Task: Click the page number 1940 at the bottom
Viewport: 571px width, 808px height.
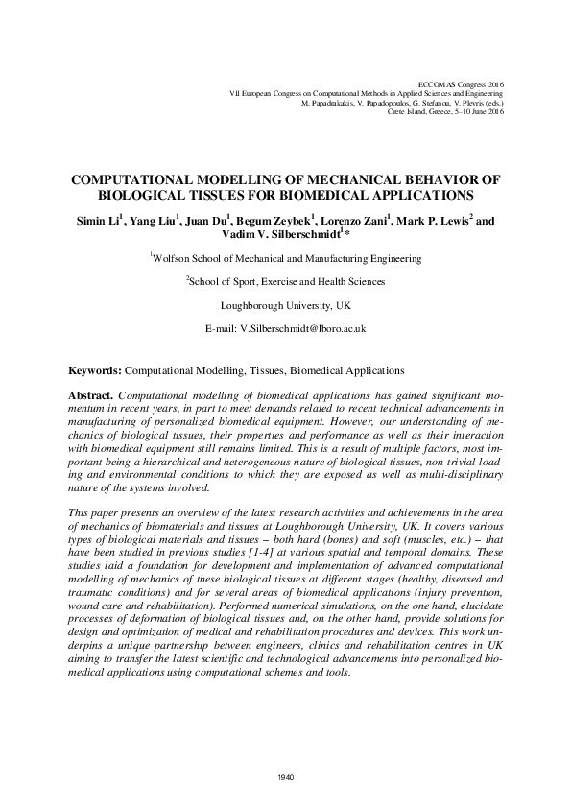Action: [x=284, y=776]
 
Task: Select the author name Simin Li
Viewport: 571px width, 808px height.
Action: [x=97, y=221]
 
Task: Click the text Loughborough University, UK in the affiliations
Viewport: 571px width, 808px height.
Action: [x=285, y=305]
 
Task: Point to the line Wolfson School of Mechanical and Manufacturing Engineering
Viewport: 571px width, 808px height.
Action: [x=286, y=258]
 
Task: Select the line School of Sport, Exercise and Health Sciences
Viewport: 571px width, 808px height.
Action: [x=286, y=282]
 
